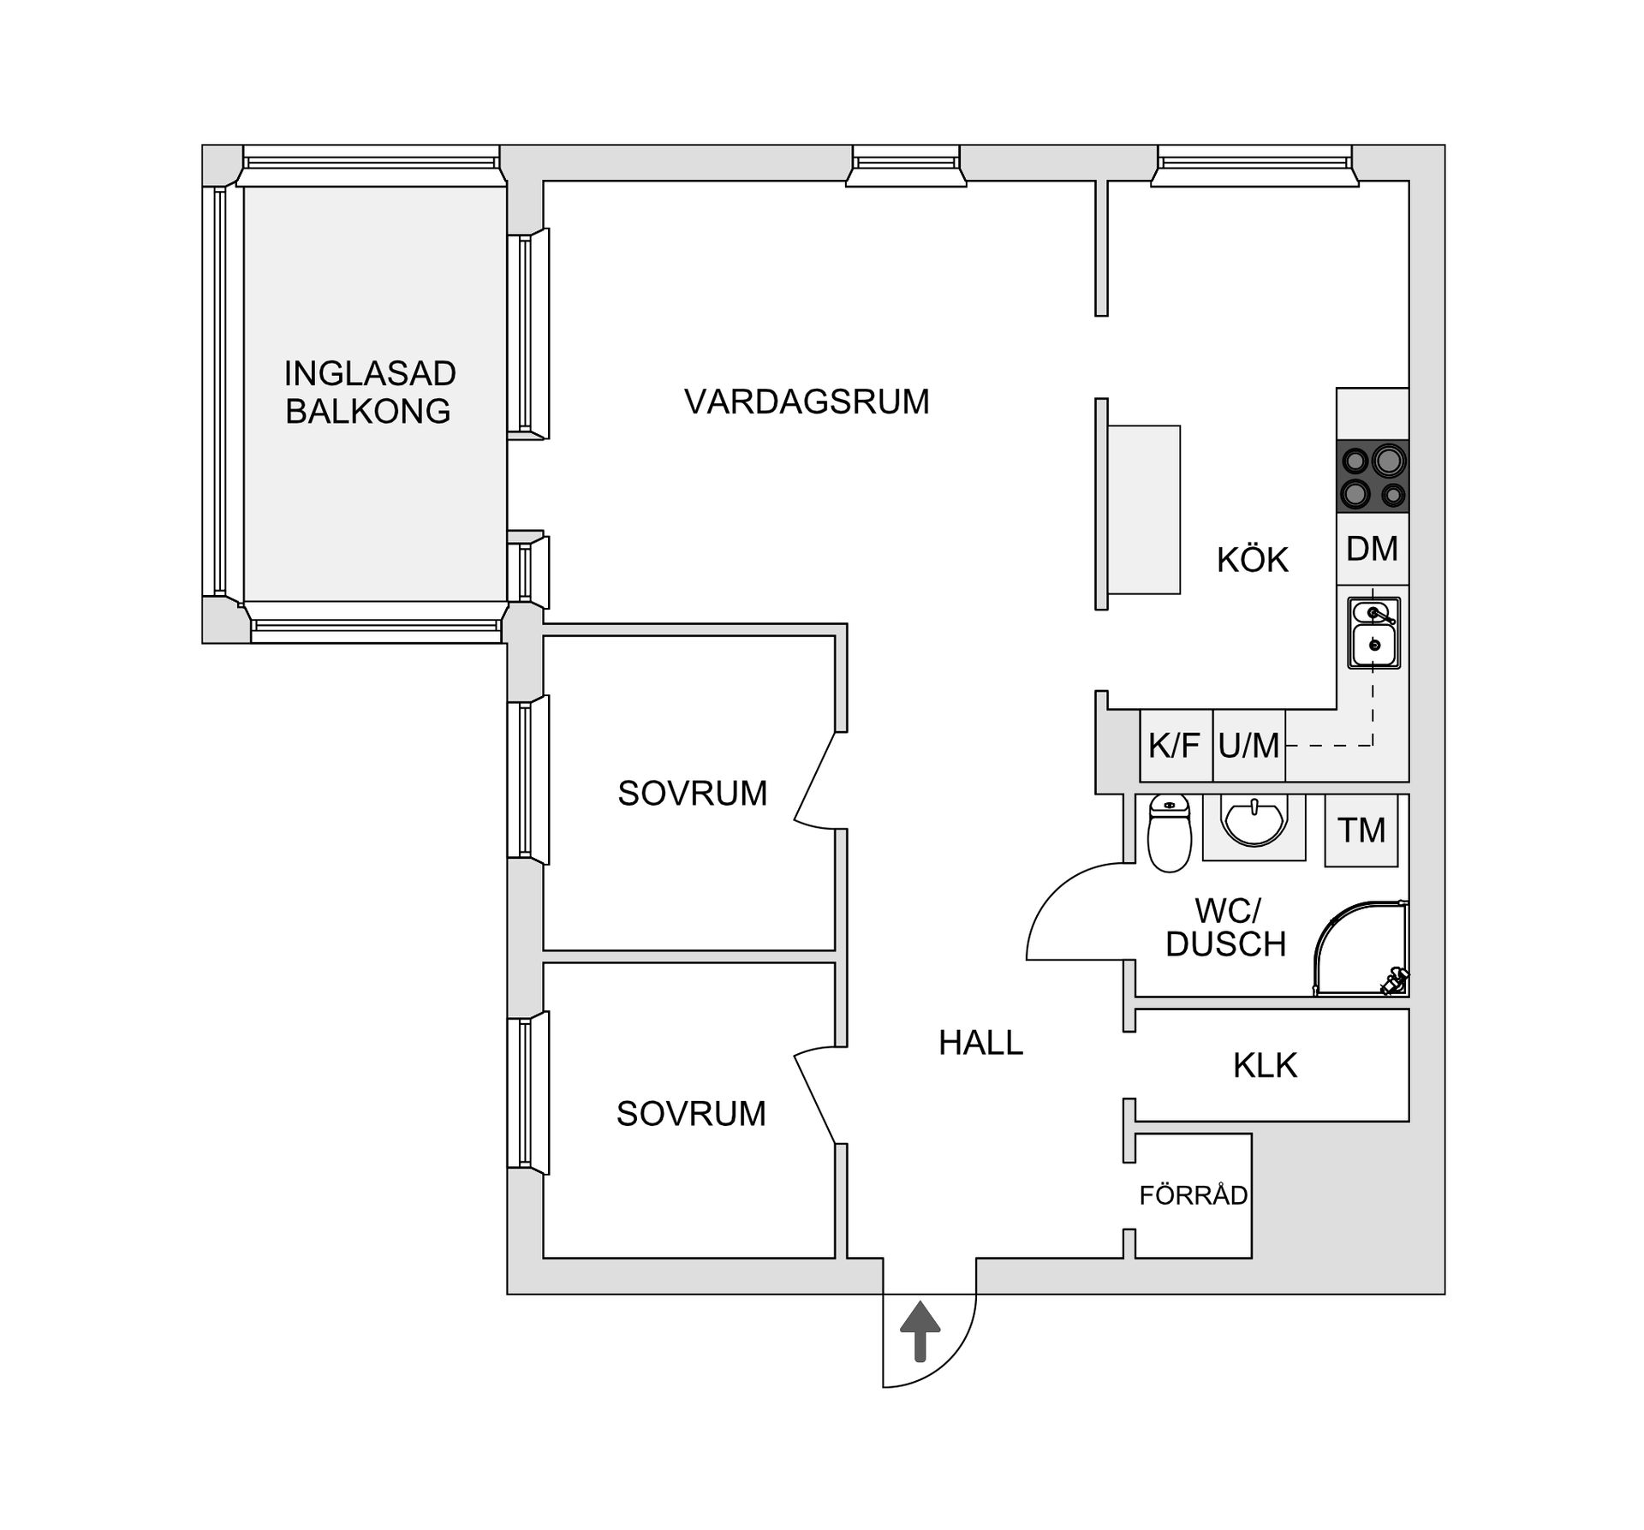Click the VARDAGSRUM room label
click(807, 402)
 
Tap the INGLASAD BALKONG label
click(369, 392)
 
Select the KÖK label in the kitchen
click(1252, 560)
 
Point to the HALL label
click(981, 1043)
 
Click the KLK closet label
click(1265, 1065)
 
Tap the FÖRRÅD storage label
click(1194, 1194)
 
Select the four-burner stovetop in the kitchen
click(1373, 477)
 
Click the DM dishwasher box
click(1373, 549)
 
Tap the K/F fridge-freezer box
click(1176, 745)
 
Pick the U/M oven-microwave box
click(1249, 745)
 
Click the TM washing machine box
click(1361, 830)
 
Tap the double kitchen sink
click(1374, 633)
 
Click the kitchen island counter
click(1144, 509)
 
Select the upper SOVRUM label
click(692, 794)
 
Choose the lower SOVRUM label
click(691, 1114)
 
